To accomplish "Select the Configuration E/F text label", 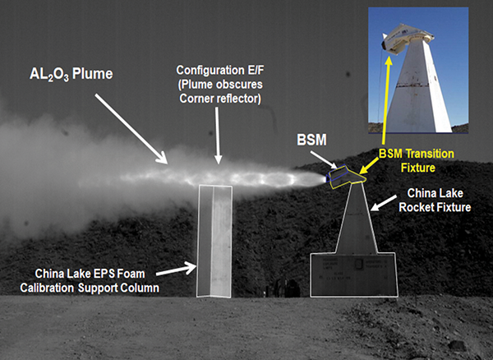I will click(219, 82).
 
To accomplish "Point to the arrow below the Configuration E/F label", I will click(217, 132).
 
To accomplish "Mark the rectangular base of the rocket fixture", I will click(353, 273).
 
